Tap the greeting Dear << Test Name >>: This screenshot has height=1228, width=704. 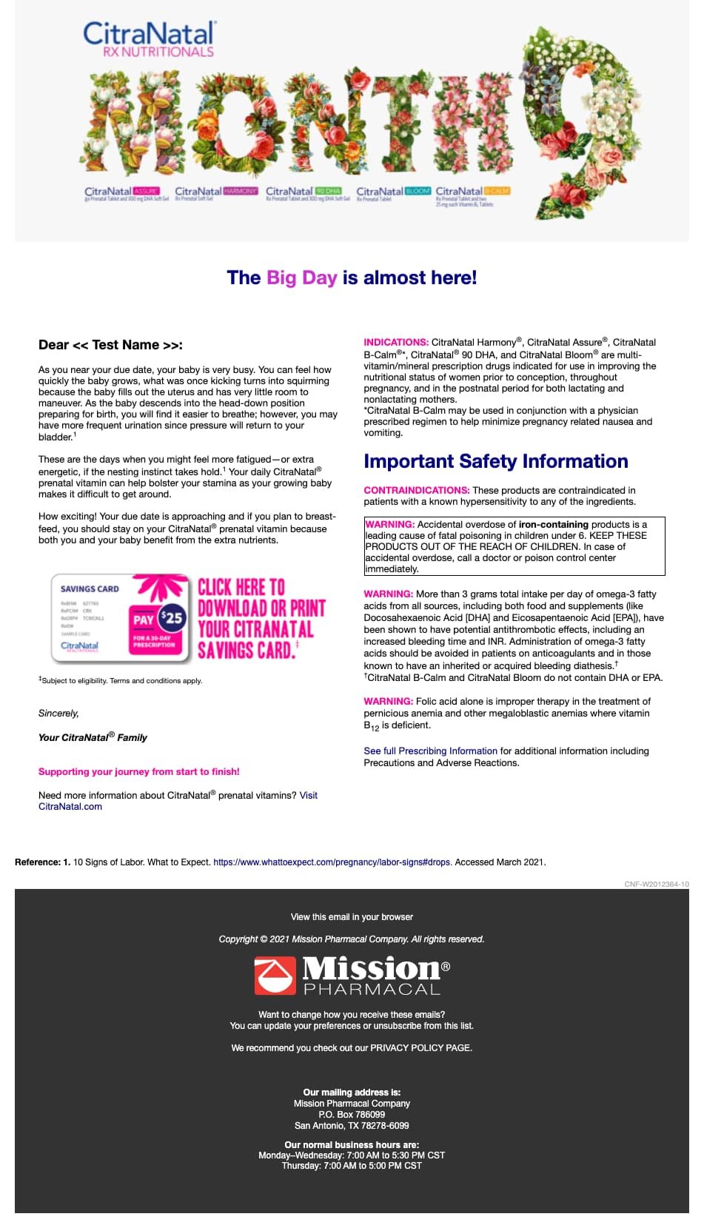pyautogui.click(x=110, y=345)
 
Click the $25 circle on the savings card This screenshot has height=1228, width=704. pyautogui.click(x=172, y=617)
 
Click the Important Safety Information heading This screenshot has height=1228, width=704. pyautogui.click(x=495, y=461)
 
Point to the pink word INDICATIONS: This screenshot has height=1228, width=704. pyautogui.click(x=396, y=342)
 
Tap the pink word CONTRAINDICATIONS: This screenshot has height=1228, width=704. pyautogui.click(x=416, y=490)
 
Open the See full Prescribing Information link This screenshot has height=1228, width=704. pyautogui.click(x=430, y=751)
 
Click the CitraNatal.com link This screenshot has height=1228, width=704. pyautogui.click(x=70, y=807)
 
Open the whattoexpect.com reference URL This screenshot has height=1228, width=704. pyautogui.click(x=332, y=862)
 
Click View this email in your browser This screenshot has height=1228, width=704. pyautogui.click(x=352, y=917)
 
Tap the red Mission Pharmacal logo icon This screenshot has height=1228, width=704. pyautogui.click(x=275, y=975)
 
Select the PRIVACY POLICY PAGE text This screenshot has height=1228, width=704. pyautogui.click(x=420, y=1048)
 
